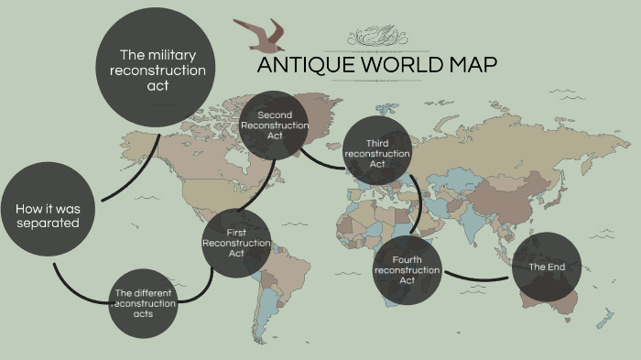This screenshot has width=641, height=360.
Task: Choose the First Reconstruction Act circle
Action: point(236,243)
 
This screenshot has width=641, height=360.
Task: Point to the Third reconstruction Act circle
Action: point(377,153)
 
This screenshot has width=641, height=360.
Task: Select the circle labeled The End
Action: point(546,267)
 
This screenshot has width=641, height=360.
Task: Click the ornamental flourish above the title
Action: point(376,37)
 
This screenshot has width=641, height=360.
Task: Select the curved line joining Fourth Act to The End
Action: point(477,277)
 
